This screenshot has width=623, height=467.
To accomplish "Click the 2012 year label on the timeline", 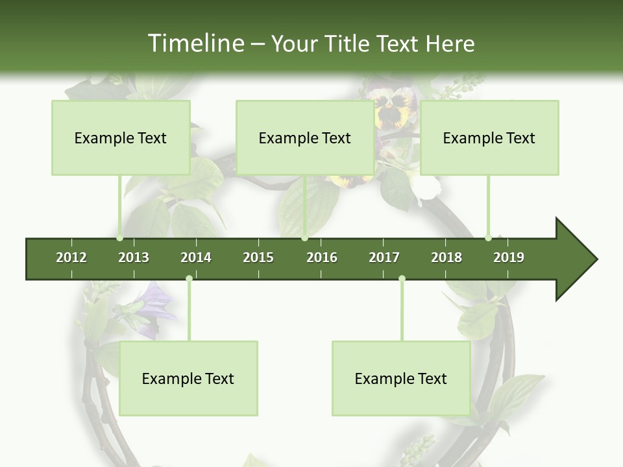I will pos(71,257).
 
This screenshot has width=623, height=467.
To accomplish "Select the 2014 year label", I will pos(196,257).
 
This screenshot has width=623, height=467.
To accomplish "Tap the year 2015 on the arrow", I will pos(258,257).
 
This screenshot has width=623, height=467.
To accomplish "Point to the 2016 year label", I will pos(322,257).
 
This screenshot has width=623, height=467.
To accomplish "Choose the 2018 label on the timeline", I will pos(446,257).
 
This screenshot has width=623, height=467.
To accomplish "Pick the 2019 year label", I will pos(509,257).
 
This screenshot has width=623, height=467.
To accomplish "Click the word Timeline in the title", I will pos(195,43).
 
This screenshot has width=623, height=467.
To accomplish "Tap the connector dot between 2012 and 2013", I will pos(120,238).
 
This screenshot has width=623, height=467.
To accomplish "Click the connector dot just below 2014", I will pos(189,279).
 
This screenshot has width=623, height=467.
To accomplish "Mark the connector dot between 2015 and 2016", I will pos(304,238).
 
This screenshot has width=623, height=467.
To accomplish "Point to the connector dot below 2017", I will pos(402,279).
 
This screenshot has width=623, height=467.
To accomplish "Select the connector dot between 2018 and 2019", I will pos(488,238).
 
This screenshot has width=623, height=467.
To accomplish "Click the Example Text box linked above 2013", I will pos(121,138).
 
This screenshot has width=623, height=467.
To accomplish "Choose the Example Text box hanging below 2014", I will pos(188,378).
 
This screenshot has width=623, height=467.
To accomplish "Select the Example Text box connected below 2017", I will pos(401,378).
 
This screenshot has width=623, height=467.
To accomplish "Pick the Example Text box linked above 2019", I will pos(489,138).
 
